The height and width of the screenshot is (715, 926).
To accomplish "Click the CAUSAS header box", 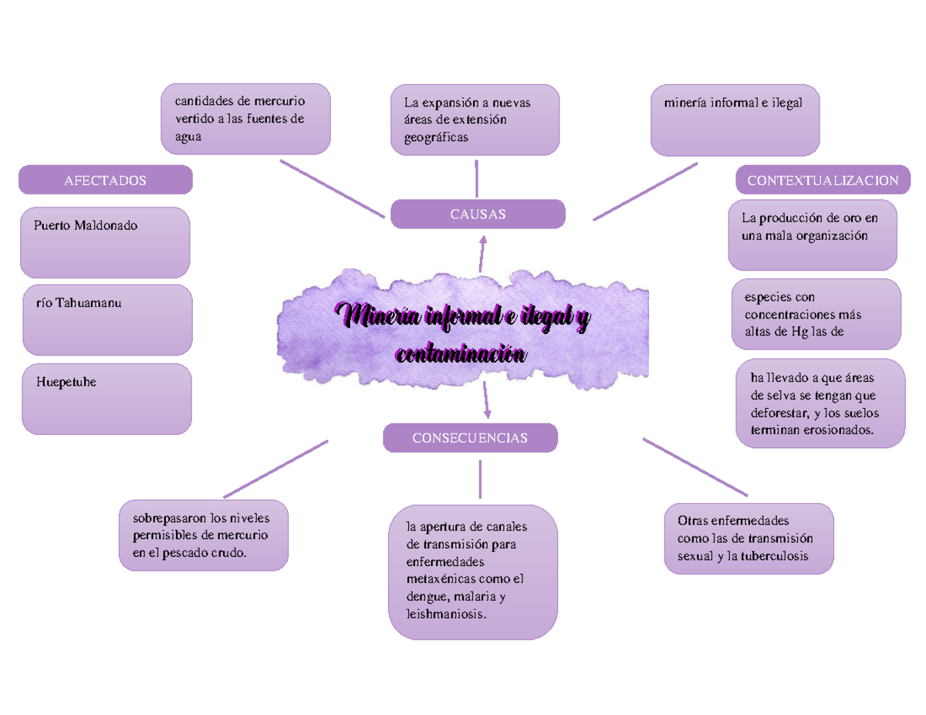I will click(x=478, y=214).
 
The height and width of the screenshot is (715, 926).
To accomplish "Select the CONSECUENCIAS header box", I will click(x=470, y=438).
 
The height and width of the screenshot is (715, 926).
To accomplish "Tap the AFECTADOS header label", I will click(x=106, y=180).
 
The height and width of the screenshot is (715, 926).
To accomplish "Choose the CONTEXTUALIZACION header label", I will click(x=823, y=180).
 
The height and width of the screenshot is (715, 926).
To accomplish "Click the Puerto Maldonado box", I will click(x=105, y=242).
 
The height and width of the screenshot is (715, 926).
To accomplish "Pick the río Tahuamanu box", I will click(x=107, y=319).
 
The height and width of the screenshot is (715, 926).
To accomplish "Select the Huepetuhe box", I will click(x=106, y=399).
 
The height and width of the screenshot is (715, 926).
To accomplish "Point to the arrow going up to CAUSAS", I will click(x=482, y=252).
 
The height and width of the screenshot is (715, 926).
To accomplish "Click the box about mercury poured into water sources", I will click(x=245, y=119).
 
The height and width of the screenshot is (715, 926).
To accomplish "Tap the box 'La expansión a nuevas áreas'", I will click(x=475, y=120).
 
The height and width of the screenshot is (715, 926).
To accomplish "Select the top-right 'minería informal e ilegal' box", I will click(x=735, y=120).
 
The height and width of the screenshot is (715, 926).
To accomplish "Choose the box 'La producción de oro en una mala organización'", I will click(x=813, y=234).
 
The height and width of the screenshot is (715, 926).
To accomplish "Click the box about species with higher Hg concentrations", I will click(x=816, y=315).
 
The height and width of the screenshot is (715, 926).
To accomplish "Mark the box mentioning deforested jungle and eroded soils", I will click(x=819, y=403).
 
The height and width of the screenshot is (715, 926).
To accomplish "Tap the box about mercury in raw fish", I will click(x=204, y=535).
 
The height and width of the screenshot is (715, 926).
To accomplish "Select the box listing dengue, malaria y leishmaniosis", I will click(x=473, y=572).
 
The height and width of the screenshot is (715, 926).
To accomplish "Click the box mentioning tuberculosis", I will click(x=749, y=538).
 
